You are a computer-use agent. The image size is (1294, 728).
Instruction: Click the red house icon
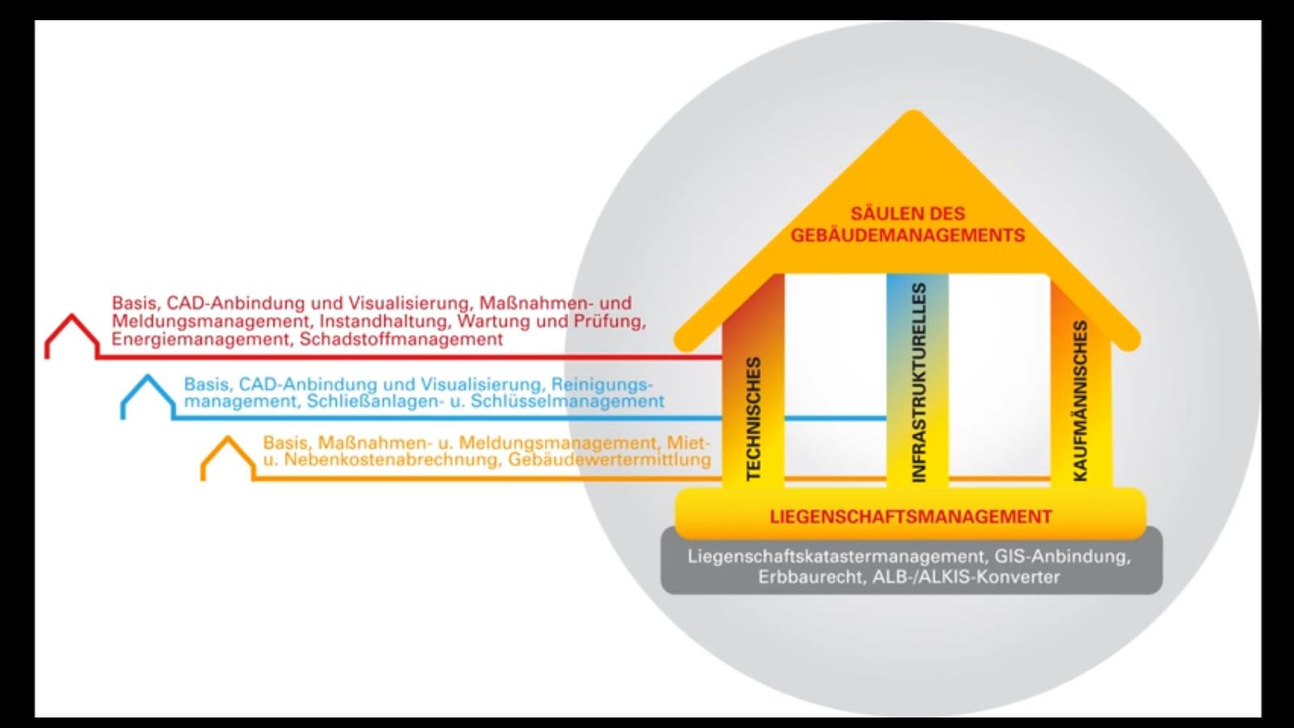(x=72, y=336)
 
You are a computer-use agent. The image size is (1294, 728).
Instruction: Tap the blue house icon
(x=147, y=396)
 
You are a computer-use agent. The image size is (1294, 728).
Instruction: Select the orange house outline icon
(x=227, y=458)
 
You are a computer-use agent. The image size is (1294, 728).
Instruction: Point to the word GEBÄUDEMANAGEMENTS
(x=907, y=235)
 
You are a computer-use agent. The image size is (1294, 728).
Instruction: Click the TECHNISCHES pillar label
(x=753, y=419)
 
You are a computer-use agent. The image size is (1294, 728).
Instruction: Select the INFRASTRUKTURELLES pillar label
(x=918, y=383)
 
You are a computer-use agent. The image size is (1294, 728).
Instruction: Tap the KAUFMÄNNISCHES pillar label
(x=1080, y=400)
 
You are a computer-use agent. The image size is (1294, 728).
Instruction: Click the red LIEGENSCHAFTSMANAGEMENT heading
(x=910, y=517)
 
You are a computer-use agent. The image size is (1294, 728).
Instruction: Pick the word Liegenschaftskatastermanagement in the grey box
(x=836, y=557)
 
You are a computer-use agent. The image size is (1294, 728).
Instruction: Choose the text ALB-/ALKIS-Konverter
(x=965, y=578)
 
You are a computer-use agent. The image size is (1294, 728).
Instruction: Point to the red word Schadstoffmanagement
(x=401, y=340)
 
